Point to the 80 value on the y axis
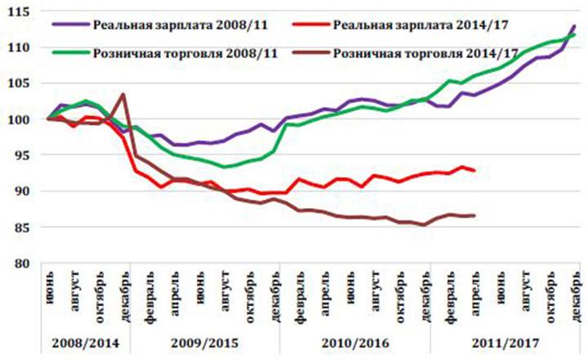coord(21,263)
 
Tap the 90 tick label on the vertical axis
coord(21,191)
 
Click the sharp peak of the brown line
coord(122,94)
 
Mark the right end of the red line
coord(474,170)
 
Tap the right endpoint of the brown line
coord(474,216)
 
